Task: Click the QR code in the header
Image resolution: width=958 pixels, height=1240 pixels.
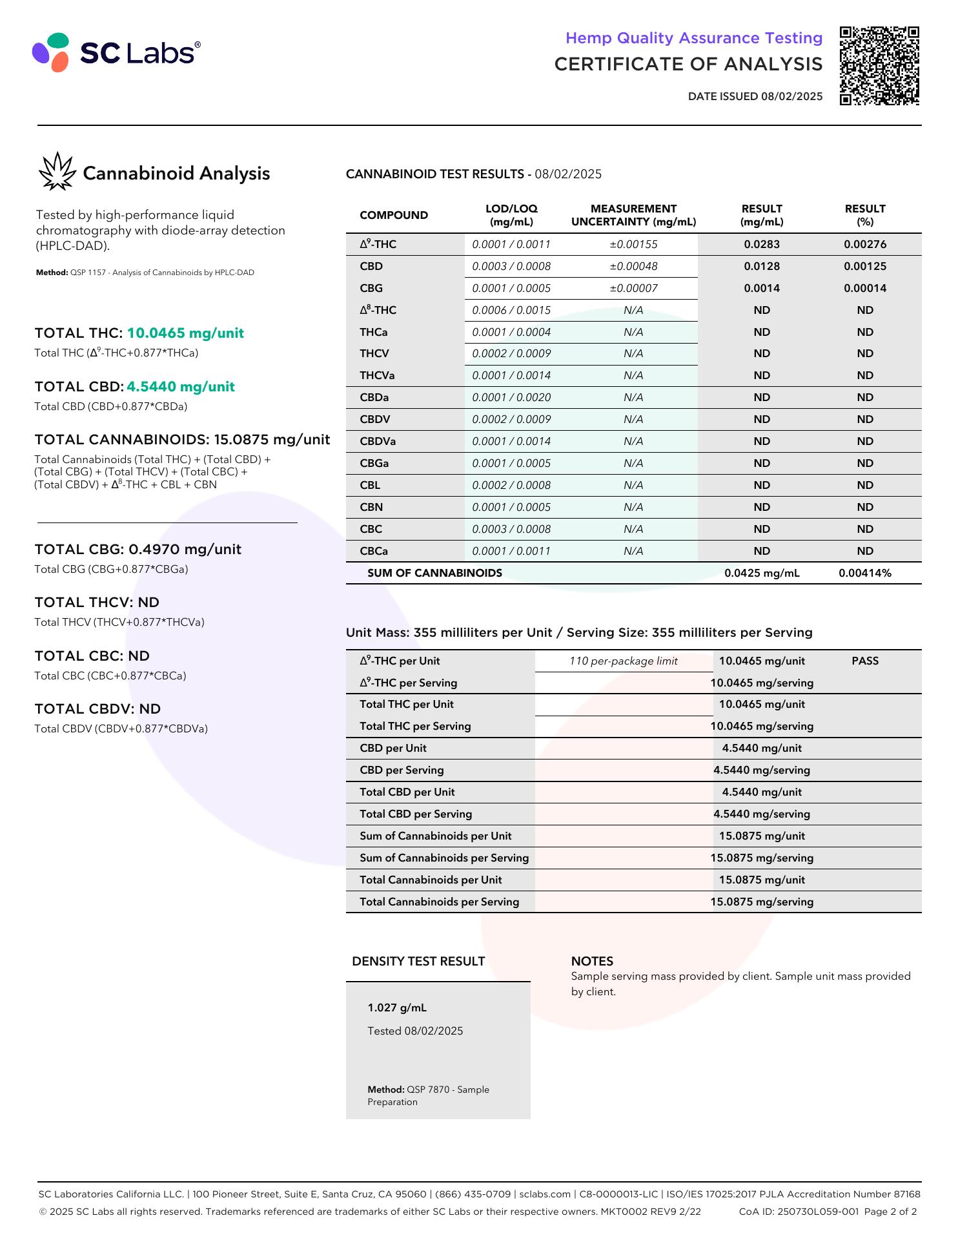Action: click(x=879, y=65)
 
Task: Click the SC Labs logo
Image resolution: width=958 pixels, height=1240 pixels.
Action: click(x=116, y=52)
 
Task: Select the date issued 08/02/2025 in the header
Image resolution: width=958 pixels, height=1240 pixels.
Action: click(x=755, y=97)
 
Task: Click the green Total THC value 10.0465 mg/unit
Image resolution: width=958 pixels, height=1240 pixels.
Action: click(x=185, y=333)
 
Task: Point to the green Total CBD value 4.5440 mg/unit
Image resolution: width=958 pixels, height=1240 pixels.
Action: click(x=181, y=387)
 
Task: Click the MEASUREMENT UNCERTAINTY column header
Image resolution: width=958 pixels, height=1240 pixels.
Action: click(x=633, y=215)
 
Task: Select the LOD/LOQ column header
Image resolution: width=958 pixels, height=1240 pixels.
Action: click(x=511, y=215)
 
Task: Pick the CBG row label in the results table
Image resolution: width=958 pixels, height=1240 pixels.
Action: click(x=371, y=288)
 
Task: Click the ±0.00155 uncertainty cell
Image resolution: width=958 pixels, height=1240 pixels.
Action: click(x=633, y=244)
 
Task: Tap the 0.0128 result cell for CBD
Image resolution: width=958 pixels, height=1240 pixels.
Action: click(x=762, y=266)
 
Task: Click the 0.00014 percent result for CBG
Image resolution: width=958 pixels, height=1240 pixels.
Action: click(x=864, y=288)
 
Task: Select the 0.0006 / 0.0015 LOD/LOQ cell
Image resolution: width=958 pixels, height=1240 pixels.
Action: click(x=511, y=310)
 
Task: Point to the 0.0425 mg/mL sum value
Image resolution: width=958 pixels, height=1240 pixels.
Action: click(x=762, y=573)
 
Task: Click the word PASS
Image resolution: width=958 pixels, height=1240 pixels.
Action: click(x=864, y=661)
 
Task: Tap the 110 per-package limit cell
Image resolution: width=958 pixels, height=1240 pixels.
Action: click(x=623, y=661)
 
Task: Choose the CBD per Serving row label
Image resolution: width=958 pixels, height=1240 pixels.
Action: click(x=402, y=770)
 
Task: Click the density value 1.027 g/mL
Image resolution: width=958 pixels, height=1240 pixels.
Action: click(x=397, y=1008)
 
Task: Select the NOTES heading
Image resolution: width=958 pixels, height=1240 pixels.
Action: click(x=592, y=961)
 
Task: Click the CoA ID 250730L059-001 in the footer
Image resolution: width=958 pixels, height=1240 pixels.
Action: click(x=799, y=1212)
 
